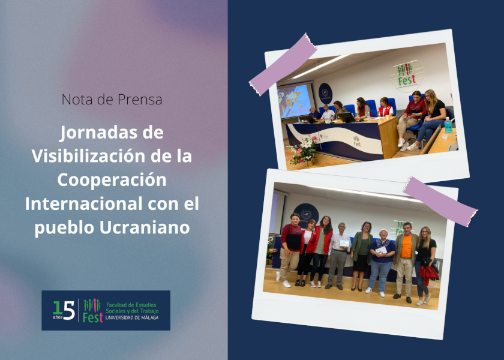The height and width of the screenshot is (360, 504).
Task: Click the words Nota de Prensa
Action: [x=112, y=100]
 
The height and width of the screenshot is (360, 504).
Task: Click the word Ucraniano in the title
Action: [x=145, y=227]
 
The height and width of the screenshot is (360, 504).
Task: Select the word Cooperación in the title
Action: [x=112, y=179]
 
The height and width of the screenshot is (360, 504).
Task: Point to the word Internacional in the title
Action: [x=83, y=203]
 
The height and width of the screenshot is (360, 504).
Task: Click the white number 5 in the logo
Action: [x=69, y=311]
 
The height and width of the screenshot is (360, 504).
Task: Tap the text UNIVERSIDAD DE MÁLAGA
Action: [x=132, y=317]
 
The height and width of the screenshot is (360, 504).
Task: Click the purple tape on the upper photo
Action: [x=283, y=64]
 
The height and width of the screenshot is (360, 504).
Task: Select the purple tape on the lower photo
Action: [x=440, y=201]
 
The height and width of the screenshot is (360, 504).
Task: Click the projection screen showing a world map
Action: [x=295, y=100]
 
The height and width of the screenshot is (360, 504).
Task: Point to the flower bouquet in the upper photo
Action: [x=303, y=151]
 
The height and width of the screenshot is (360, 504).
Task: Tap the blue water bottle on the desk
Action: [x=448, y=125]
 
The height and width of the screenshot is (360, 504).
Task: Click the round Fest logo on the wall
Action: [x=407, y=75]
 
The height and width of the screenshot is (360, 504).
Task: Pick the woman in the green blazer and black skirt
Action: [x=362, y=256]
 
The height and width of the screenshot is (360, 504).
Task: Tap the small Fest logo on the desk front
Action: [x=357, y=142]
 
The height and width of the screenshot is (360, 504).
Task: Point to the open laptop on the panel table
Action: [x=347, y=118]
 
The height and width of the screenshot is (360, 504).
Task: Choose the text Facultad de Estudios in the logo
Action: [x=131, y=305]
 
